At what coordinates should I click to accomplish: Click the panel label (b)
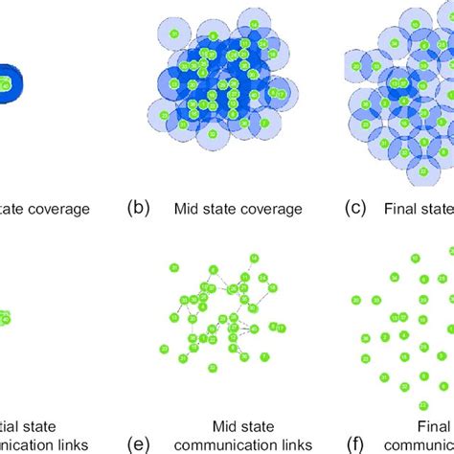(x=138, y=208)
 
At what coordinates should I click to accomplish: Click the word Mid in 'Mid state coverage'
(x=187, y=208)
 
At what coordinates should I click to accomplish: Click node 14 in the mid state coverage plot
(x=254, y=24)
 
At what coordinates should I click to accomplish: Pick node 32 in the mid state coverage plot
(x=212, y=133)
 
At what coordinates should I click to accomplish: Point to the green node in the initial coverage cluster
(x=7, y=84)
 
